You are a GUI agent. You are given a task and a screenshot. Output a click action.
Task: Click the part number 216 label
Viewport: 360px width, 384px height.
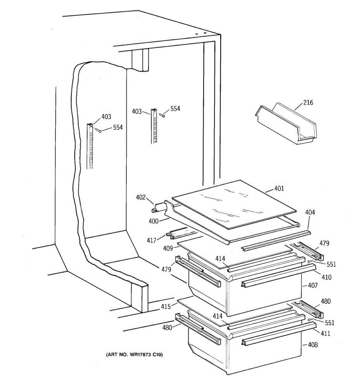(308, 103)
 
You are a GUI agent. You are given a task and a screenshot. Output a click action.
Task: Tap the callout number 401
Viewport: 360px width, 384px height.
(279, 188)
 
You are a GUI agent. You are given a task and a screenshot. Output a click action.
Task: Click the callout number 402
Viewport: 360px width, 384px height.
(141, 197)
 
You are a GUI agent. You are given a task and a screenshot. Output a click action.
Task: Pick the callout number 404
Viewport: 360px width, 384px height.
(310, 212)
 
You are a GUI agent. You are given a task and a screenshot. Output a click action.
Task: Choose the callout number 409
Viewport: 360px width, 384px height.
(168, 248)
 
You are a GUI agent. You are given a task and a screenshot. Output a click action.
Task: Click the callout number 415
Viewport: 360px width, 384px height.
(166, 307)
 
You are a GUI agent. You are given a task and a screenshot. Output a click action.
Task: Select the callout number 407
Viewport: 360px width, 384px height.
(313, 285)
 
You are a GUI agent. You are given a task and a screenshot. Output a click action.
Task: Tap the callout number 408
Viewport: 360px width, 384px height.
(313, 345)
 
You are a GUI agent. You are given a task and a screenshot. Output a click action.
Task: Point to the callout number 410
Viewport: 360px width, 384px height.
(326, 277)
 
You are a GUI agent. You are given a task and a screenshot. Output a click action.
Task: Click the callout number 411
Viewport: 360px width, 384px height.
(325, 333)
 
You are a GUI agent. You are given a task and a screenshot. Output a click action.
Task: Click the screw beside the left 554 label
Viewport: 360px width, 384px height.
(100, 131)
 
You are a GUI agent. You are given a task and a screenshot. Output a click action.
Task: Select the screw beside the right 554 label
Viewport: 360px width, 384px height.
(164, 115)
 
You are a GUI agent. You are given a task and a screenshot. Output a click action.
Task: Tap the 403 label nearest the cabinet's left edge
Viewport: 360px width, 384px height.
(106, 117)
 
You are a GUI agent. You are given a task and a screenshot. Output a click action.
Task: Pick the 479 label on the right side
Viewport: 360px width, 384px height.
(324, 244)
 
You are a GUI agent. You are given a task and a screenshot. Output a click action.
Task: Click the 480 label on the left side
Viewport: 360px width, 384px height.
(167, 327)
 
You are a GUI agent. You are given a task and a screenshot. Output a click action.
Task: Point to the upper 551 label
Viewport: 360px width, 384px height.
(331, 264)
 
